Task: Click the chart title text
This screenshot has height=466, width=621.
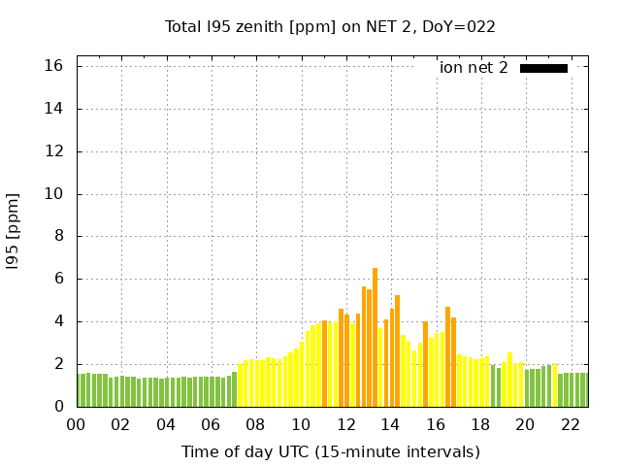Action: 330,27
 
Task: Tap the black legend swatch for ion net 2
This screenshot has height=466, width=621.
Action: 543,68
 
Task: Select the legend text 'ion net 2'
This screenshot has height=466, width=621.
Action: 474,68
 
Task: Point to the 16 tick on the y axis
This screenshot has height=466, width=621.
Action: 53,66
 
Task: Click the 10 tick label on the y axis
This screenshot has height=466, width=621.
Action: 53,194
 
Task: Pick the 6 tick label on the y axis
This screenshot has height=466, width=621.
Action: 57,279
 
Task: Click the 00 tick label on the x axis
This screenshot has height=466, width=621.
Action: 77,425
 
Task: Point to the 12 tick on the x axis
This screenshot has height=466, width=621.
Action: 345,425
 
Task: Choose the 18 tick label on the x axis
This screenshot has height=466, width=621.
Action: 480,425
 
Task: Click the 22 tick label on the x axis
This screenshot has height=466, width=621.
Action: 570,425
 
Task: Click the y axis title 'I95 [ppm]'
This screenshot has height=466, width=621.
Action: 14,231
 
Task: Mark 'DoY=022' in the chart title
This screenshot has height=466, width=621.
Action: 462,27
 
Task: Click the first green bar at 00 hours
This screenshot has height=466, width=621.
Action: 79,390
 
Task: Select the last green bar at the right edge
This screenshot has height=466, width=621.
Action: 583,389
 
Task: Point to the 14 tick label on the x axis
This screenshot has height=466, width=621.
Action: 390,425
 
